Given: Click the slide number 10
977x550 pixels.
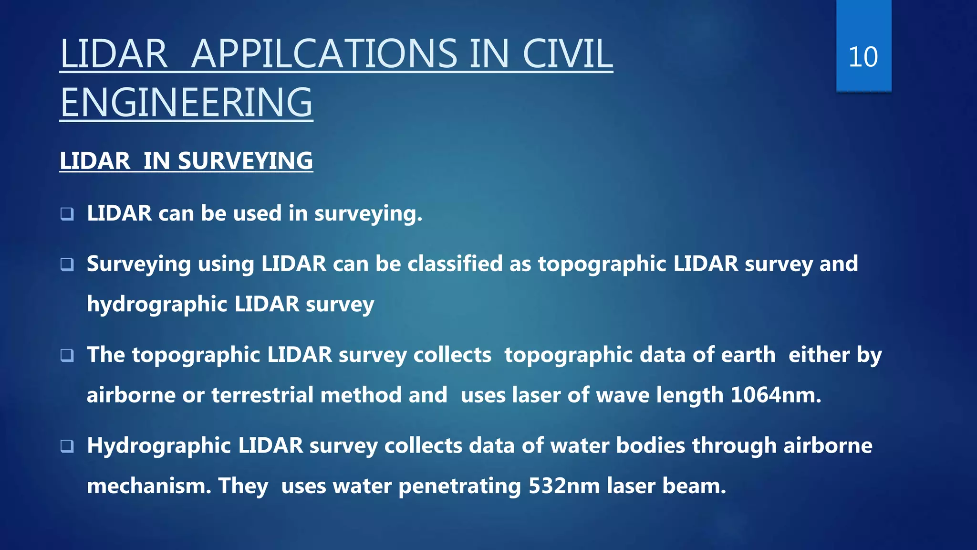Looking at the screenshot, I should (863, 57).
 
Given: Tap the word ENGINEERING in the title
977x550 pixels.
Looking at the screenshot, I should (187, 103).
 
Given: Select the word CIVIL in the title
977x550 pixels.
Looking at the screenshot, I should (567, 54).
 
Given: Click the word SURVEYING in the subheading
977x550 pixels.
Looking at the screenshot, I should (245, 161).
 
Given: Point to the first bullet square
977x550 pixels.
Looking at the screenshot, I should (67, 214).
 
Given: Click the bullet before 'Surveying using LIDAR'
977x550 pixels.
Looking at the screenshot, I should (67, 264).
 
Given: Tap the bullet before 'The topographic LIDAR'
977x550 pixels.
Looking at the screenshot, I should (67, 355).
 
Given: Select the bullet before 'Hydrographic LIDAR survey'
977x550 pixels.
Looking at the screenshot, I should (67, 446).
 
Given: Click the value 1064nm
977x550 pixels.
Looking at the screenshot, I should (775, 395).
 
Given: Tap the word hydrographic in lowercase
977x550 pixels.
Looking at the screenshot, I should (157, 305).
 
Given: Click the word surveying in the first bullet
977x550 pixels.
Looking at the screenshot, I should (368, 214).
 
